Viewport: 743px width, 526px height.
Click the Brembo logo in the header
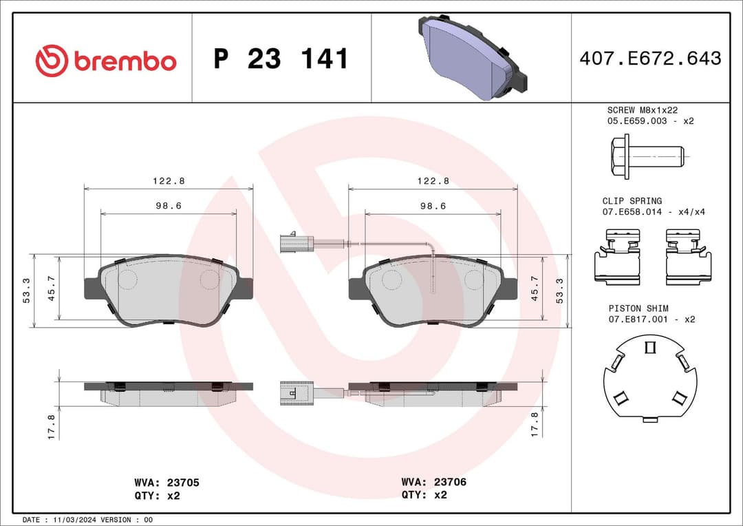tap(106, 61)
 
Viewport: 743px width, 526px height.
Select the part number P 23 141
tap(281, 59)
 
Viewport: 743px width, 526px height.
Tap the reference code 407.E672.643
tap(650, 59)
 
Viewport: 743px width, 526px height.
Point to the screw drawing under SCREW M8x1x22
tap(647, 156)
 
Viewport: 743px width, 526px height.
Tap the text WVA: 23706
tap(433, 482)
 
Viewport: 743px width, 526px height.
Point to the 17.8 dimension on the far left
tap(51, 426)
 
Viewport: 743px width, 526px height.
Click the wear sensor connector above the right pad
tap(296, 242)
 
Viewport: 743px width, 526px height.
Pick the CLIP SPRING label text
tap(632, 201)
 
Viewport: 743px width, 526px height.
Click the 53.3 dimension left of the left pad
tap(26, 290)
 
